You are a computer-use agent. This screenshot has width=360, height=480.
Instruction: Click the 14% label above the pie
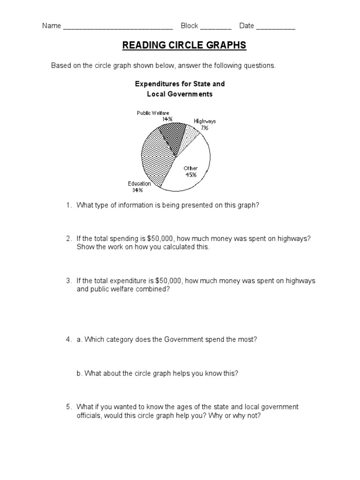tap(167, 119)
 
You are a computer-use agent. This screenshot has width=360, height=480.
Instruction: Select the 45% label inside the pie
tap(190, 175)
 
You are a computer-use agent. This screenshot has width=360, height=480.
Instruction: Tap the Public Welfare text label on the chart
tap(153, 113)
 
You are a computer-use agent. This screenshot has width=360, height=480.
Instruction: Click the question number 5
tap(68, 406)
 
